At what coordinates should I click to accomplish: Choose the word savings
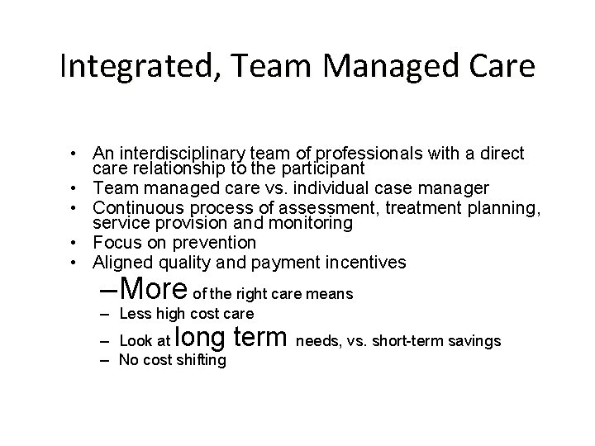click(473, 340)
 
